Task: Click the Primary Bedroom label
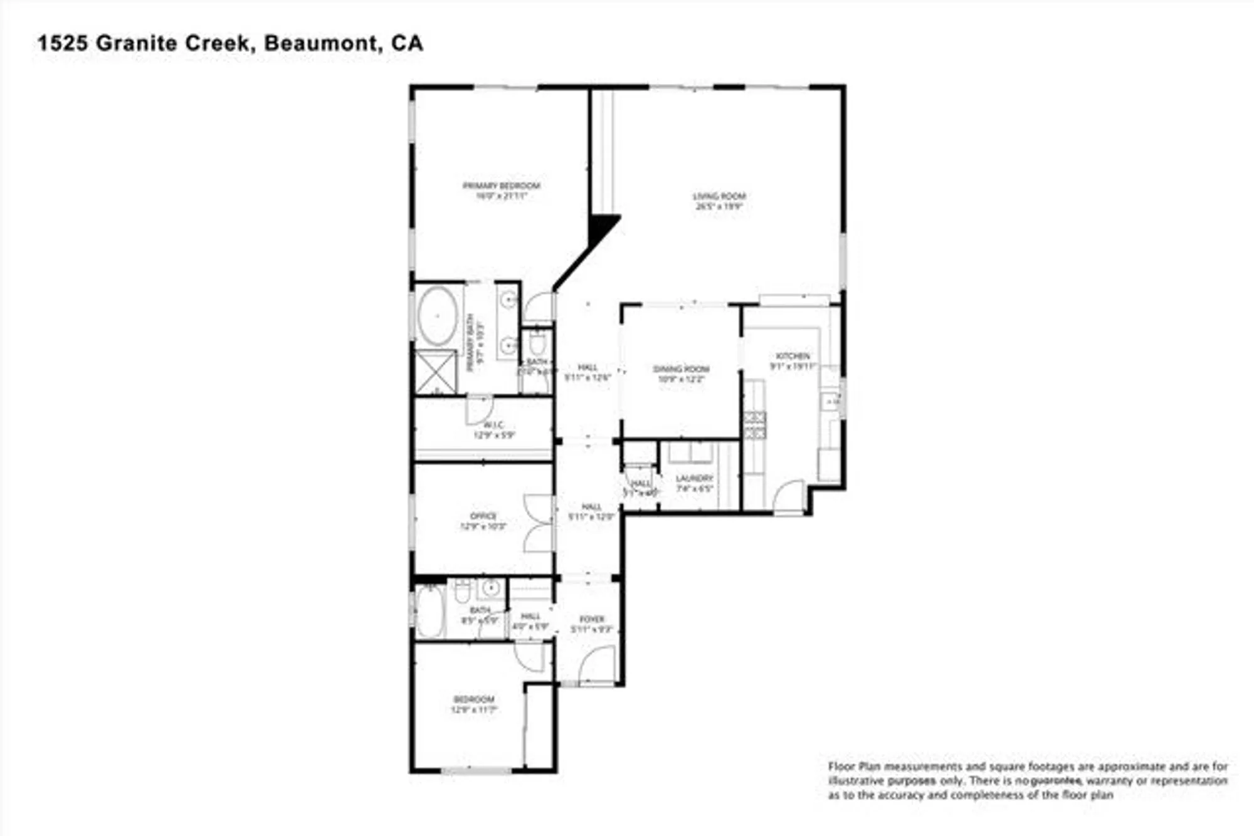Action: [x=501, y=186]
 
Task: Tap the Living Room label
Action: [x=719, y=197]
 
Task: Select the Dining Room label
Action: [x=681, y=370]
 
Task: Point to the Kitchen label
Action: [x=793, y=356]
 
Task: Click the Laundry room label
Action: [x=694, y=479]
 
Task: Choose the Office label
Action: [x=483, y=516]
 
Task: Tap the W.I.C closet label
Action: [x=493, y=426]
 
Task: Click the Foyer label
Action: [x=591, y=619]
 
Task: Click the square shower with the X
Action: [x=436, y=372]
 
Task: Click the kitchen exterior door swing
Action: [x=789, y=496]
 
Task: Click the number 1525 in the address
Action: [x=63, y=43]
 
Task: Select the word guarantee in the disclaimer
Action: [x=1056, y=781]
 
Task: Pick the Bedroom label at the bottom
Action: [x=474, y=699]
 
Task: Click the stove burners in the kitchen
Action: [x=755, y=425]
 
